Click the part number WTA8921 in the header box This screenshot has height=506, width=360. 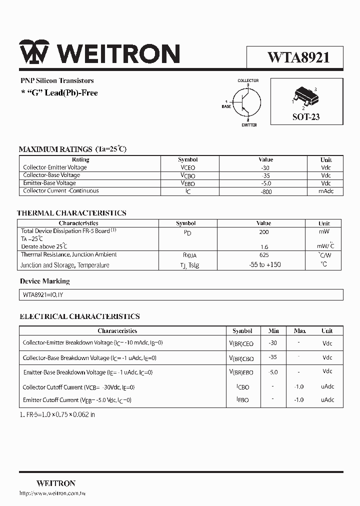(x=298, y=57)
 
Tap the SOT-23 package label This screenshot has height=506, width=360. (x=306, y=117)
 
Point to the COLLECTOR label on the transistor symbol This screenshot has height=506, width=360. (x=248, y=80)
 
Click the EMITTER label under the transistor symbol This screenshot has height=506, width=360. (x=249, y=125)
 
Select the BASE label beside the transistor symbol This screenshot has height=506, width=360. (x=226, y=106)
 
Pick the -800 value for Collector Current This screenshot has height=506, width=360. (x=266, y=191)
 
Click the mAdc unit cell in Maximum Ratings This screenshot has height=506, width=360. (x=326, y=191)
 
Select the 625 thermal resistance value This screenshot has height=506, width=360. (x=263, y=255)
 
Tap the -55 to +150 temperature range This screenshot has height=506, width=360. (x=264, y=265)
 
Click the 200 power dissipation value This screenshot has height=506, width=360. (x=263, y=232)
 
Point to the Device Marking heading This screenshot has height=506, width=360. (x=45, y=281)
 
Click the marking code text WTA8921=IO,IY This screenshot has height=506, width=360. (x=43, y=295)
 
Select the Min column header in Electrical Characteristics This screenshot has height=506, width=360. (x=273, y=331)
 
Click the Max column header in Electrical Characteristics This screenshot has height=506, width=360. (x=299, y=331)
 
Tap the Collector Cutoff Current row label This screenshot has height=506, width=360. (x=78, y=387)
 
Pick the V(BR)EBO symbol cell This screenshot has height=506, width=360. (x=241, y=372)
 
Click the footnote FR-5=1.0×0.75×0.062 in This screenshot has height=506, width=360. (x=57, y=414)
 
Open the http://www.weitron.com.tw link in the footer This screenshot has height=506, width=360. (x=52, y=493)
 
